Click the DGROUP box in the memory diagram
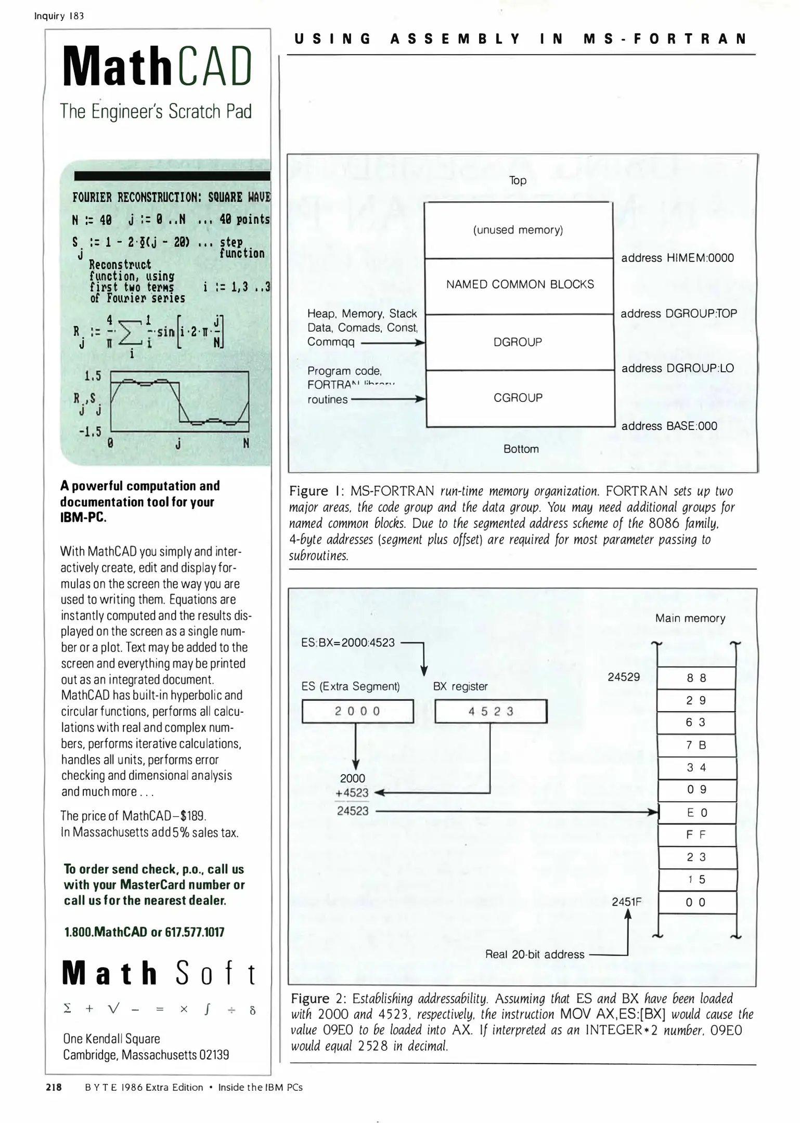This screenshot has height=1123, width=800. coord(518,342)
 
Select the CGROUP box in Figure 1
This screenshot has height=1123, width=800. coord(518,398)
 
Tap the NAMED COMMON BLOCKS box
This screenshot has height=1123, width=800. coord(520,284)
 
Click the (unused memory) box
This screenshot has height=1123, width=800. coord(518,230)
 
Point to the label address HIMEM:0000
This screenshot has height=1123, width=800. coord(677,258)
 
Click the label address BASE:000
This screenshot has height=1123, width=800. coord(669,426)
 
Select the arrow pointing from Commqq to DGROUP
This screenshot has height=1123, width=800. coord(393,343)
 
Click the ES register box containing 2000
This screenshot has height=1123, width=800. coord(357,711)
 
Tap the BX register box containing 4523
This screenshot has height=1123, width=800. coord(491,711)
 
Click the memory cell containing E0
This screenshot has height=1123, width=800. coord(697,813)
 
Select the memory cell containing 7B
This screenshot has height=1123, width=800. coord(696,745)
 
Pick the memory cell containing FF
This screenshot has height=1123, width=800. coord(696,835)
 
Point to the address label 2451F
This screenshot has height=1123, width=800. coord(626,902)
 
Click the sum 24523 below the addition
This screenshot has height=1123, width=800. coord(353,811)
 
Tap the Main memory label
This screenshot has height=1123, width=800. coord(690,618)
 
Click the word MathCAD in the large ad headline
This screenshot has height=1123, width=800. coord(157,67)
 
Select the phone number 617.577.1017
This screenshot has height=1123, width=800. coord(195,932)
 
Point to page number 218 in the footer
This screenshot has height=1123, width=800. coord(54,1087)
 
